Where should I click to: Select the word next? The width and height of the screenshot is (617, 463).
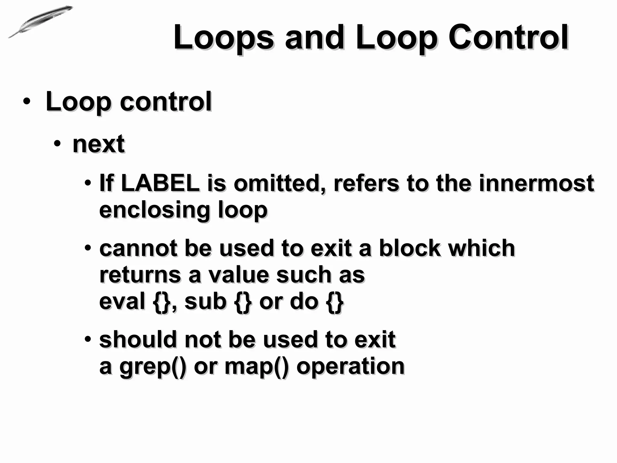click(x=99, y=144)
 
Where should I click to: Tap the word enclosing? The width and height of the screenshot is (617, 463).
click(x=154, y=210)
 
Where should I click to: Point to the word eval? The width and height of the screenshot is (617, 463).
click(x=122, y=301)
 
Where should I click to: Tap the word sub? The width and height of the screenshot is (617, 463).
click(x=205, y=301)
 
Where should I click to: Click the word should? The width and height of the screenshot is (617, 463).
click(x=138, y=339)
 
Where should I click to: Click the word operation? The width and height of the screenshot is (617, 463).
click(x=350, y=366)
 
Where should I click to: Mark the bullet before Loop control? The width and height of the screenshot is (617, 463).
click(x=26, y=102)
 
